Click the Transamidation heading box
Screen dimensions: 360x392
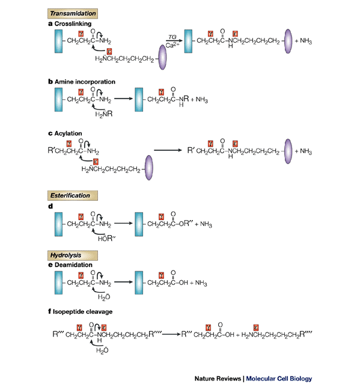[73, 13]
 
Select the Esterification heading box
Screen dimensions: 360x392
[73, 195]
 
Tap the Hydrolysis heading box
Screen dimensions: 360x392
[73, 256]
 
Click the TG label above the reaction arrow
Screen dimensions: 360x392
[172, 37]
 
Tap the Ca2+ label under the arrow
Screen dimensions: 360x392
[172, 46]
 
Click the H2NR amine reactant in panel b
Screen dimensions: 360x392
[104, 114]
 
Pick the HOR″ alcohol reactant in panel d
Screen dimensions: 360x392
[106, 239]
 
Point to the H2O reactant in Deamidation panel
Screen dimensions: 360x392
[104, 297]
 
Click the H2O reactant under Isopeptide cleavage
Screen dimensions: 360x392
[102, 351]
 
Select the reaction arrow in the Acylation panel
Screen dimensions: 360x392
[168, 150]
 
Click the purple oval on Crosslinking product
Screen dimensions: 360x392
[288, 41]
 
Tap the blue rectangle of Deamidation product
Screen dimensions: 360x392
[139, 283]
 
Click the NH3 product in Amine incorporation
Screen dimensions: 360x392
[202, 99]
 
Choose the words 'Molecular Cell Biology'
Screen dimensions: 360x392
[279, 379]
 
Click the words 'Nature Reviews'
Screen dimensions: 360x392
[218, 379]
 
